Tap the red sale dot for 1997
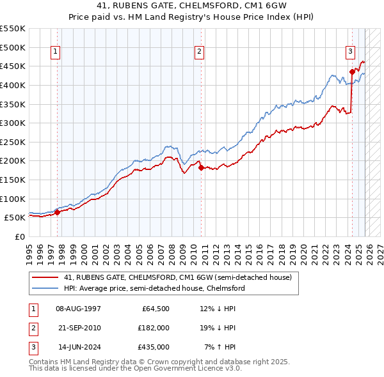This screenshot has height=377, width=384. point(57,212)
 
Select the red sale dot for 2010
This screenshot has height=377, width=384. point(201,167)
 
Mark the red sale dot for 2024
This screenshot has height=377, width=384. point(352,72)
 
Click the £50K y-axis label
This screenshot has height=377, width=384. point(15,218)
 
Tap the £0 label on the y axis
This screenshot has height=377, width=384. point(19,236)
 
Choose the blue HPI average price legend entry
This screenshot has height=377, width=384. point(154,289)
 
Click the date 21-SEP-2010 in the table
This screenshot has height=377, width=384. point(78,328)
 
